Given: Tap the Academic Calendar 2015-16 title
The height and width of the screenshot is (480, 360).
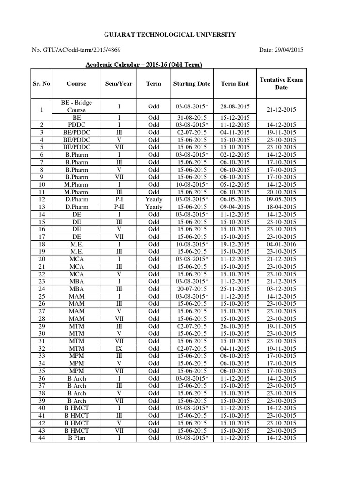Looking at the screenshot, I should (x=143, y=65).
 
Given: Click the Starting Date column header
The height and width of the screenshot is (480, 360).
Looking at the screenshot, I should (x=191, y=84).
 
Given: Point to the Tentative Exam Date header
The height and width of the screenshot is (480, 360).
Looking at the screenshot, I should (x=281, y=83).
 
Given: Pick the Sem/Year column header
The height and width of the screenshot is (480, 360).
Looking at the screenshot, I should (x=119, y=84).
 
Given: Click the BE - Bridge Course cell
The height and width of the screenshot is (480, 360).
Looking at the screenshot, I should (x=76, y=106).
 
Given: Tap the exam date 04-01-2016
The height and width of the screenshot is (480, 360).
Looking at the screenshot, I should (x=281, y=244).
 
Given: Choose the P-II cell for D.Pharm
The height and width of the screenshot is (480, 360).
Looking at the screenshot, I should (x=119, y=207).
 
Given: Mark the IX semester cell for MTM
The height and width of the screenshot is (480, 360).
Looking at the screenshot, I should (x=119, y=348).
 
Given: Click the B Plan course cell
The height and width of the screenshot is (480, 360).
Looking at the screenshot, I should (x=76, y=438).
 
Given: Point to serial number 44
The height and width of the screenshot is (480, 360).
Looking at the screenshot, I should (x=41, y=438).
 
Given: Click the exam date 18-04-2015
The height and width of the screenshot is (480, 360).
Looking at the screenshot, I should (x=281, y=207).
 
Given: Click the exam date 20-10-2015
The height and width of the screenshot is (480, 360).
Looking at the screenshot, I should (x=281, y=192).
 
